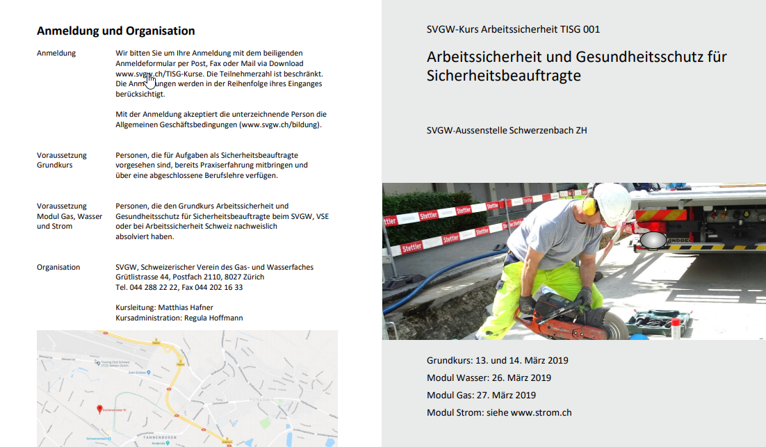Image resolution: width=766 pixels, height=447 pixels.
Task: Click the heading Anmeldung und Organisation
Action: pyautogui.click(x=115, y=31)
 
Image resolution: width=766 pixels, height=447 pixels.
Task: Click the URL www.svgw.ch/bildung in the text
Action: pyautogui.click(x=279, y=125)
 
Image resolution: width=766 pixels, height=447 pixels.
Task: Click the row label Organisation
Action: pyautogui.click(x=58, y=267)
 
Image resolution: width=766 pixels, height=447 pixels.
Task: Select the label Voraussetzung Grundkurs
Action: pyautogui.click(x=62, y=160)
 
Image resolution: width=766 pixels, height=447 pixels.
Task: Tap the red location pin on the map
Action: pyautogui.click(x=99, y=409)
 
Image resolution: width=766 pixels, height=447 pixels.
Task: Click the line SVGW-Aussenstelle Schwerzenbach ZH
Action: pyautogui.click(x=507, y=130)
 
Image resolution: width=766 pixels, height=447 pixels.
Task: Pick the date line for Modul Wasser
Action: pyautogui.click(x=489, y=377)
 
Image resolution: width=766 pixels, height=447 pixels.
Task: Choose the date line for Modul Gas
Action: pyautogui.click(x=481, y=395)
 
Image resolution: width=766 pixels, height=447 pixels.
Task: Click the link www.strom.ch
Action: pyautogui.click(x=541, y=412)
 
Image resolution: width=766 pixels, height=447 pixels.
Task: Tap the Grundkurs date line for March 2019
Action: pyautogui.click(x=498, y=360)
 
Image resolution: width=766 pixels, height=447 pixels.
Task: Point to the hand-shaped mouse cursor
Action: pyautogui.click(x=150, y=79)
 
